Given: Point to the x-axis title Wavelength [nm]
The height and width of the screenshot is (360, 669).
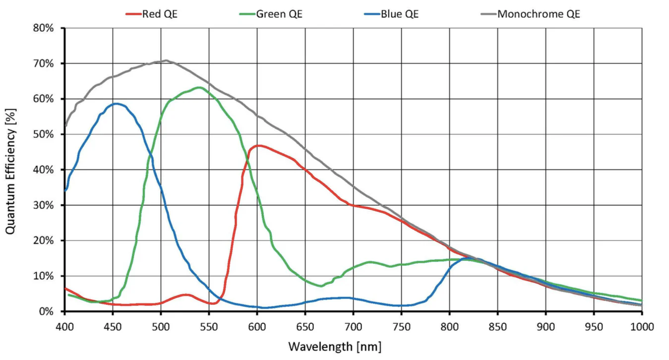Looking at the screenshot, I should tap(335, 345).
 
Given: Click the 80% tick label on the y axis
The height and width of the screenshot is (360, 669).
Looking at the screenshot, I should tap(43, 28).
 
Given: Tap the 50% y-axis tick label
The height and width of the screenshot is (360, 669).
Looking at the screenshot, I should tap(43, 134).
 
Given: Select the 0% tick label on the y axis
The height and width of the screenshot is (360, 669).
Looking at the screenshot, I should tap(46, 311).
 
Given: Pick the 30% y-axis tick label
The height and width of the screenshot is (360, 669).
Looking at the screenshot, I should tap(43, 205).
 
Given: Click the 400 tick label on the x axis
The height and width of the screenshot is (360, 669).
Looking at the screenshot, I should tap(64, 326).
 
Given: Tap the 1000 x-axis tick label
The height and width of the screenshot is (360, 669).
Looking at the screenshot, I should tap(642, 326).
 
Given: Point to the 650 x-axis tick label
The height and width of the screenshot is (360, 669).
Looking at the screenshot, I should tap(305, 326).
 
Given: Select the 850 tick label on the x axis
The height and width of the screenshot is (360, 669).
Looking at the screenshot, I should tap(497, 326).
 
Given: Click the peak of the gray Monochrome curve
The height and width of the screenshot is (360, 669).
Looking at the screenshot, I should tap(166, 61).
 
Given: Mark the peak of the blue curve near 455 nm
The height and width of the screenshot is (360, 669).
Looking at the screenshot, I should tap(116, 104).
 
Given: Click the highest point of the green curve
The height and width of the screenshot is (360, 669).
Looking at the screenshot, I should tap(199, 88).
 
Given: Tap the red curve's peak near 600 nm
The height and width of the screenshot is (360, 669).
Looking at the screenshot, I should tap(258, 146).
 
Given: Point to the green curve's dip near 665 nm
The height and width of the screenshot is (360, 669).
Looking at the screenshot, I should tap(321, 286).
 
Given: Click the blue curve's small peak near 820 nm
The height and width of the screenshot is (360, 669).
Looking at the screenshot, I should tap(467, 258).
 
